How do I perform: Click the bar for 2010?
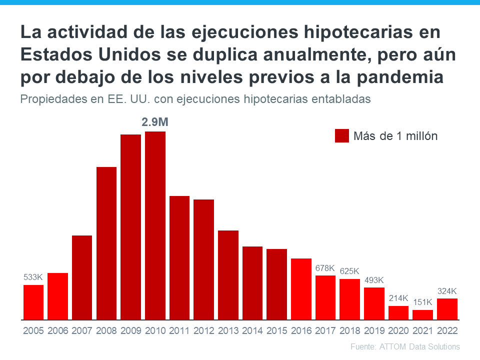(155, 225)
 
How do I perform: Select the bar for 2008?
(106, 243)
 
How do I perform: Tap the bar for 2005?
(33, 302)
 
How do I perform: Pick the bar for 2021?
(422, 314)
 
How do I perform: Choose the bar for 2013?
(228, 274)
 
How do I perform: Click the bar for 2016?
(301, 288)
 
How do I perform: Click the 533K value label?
(33, 277)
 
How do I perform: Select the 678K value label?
(325, 268)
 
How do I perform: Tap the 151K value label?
(422, 302)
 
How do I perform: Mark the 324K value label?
(447, 291)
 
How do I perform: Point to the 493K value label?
(373, 280)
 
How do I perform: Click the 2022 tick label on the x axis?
(447, 331)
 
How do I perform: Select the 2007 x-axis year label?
(82, 331)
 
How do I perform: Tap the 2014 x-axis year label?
(252, 331)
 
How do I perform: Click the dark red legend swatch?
(342, 135)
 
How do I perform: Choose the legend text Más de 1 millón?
(395, 136)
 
